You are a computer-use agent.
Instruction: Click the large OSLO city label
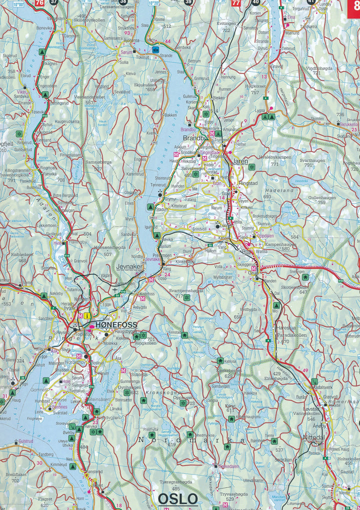(177, 498)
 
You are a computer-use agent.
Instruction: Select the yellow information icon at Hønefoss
(87, 316)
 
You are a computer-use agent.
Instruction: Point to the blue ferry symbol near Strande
(155, 50)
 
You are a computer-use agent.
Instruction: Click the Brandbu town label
(194, 138)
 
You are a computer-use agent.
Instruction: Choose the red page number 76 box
(39, 3)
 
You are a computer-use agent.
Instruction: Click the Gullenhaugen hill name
(321, 198)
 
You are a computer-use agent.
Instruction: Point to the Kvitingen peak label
(226, 24)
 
